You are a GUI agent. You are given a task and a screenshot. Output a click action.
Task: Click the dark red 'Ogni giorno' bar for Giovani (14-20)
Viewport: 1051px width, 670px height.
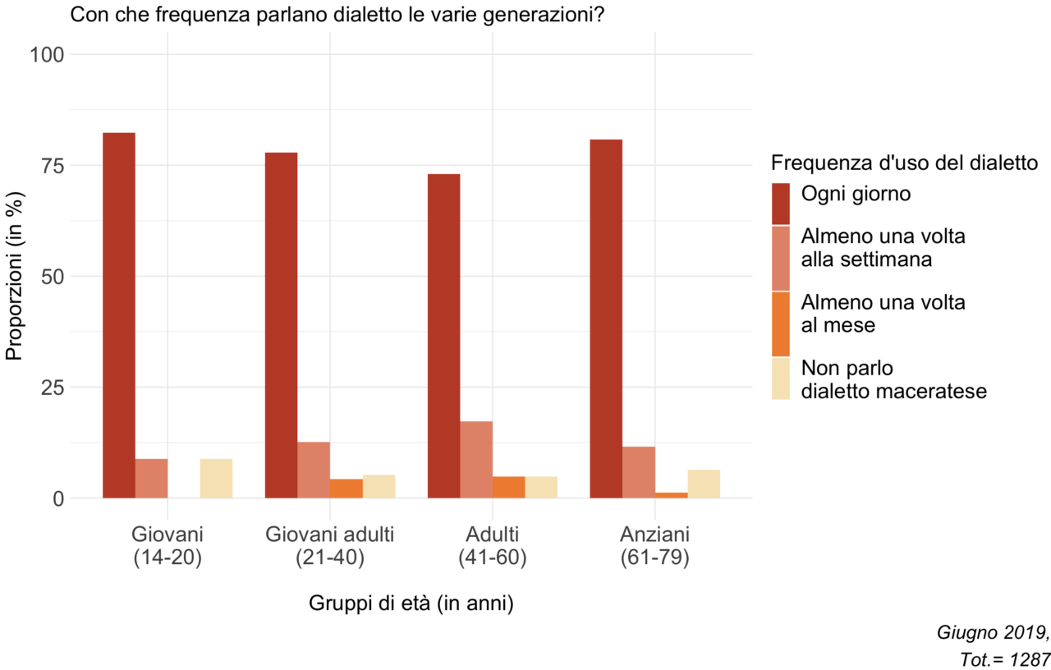119,315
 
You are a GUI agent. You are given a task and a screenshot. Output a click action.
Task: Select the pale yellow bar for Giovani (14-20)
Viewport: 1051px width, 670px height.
216,479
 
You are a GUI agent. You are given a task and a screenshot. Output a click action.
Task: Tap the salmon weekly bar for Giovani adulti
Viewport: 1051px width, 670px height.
314,470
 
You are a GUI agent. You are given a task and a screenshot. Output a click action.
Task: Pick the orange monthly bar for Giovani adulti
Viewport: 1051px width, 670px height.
347,489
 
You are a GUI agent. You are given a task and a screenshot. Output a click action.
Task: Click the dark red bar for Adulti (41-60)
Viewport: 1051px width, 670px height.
444,336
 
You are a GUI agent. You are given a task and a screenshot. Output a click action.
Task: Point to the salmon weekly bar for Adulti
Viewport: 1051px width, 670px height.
476,460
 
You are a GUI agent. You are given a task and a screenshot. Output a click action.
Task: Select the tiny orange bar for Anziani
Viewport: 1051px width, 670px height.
672,495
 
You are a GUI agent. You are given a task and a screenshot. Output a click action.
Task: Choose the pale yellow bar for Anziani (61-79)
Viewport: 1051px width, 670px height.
704,484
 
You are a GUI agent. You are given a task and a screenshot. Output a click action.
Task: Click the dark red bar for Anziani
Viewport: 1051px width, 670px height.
606,319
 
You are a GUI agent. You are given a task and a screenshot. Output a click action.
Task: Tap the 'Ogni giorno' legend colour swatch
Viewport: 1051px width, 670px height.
781,204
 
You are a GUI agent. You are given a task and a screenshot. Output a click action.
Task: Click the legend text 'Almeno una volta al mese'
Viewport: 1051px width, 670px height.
883,314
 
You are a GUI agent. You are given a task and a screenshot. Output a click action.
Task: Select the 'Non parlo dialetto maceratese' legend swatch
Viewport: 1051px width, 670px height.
781,379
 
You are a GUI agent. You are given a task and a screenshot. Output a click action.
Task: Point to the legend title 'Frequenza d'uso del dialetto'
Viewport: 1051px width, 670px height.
904,163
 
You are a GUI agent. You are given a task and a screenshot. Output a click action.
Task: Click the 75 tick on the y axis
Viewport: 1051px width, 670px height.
52,166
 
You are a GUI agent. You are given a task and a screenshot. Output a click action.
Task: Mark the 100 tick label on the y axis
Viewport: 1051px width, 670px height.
47,54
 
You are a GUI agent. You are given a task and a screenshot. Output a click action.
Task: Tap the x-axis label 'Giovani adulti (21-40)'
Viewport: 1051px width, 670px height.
330,546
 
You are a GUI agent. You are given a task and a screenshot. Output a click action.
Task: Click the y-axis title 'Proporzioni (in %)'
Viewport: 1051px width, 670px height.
14,276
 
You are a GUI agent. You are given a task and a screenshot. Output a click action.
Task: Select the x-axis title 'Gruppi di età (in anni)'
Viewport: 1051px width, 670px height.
411,603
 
